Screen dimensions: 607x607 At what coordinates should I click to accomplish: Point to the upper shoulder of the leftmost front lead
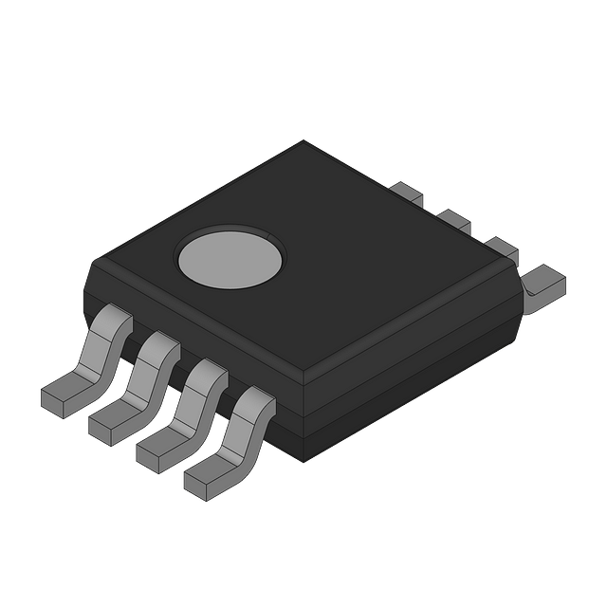point(113,320)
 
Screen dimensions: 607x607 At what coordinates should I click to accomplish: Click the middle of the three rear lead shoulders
point(452,220)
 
